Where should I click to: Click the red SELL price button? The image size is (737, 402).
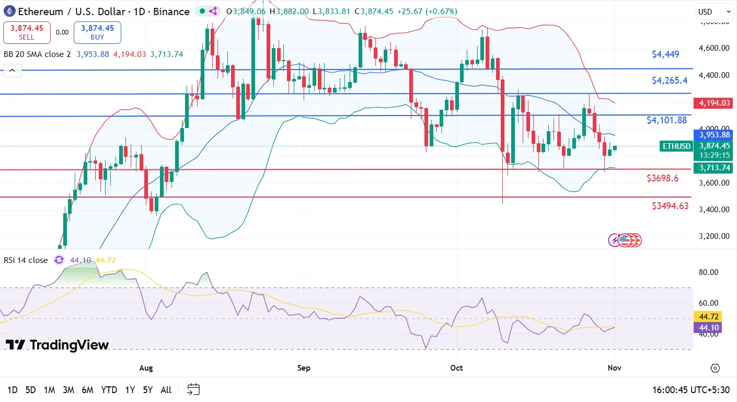[27, 32]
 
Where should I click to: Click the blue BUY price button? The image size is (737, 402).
[97, 32]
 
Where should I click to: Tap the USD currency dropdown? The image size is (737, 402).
[714, 12]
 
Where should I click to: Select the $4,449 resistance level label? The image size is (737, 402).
[665, 54]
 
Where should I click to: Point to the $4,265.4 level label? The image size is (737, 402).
[670, 81]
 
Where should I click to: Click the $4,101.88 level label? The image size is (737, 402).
[666, 120]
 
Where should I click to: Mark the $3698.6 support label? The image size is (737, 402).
[662, 178]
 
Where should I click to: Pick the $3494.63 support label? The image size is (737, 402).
[670, 206]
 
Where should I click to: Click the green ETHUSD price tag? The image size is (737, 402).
[676, 146]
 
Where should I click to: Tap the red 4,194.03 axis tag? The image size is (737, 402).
[714, 103]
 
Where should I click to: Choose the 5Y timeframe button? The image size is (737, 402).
[148, 390]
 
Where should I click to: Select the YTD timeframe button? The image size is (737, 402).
[109, 390]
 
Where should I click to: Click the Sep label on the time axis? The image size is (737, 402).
[304, 368]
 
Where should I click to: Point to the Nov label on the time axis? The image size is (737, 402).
[615, 368]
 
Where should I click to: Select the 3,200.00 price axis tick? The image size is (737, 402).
[714, 236]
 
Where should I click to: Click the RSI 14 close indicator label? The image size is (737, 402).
[26, 260]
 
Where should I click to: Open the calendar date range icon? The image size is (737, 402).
[193, 389]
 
